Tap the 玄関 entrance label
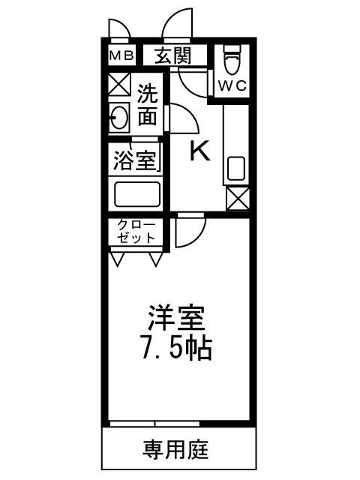pyautogui.click(x=172, y=55)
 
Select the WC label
pyautogui.click(x=232, y=85)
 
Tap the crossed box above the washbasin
pyautogui.click(x=119, y=84)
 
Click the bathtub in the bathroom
pyautogui.click(x=136, y=193)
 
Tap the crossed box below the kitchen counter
pyautogui.click(x=238, y=199)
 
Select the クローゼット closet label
pyautogui.click(x=135, y=232)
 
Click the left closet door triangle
pyautogui.click(x=118, y=259)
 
